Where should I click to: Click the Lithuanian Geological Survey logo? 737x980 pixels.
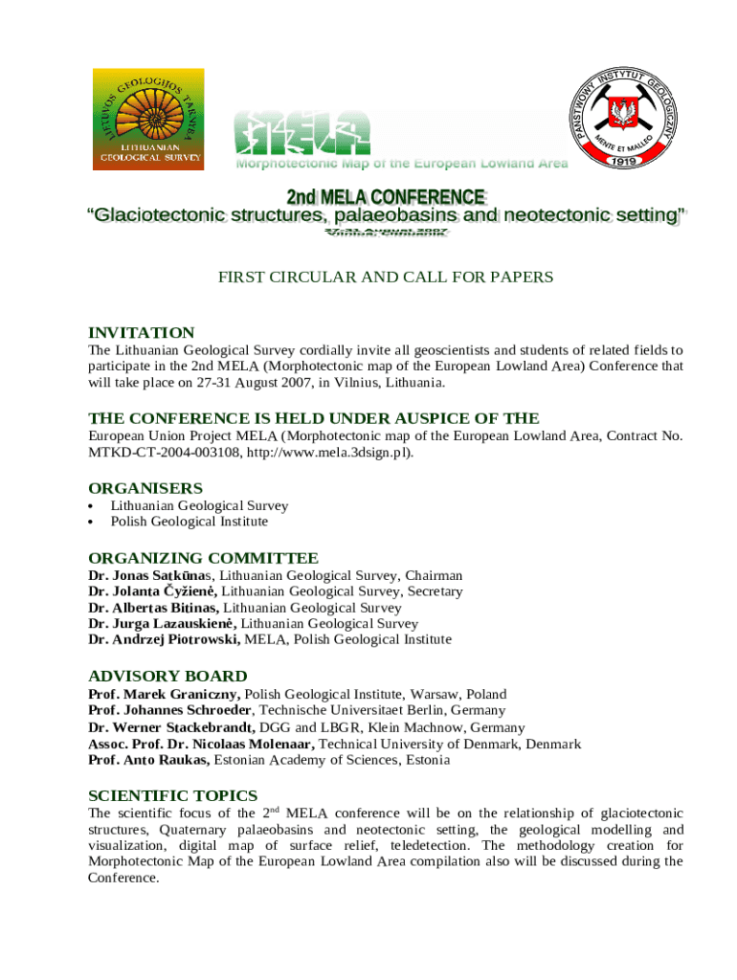(147, 120)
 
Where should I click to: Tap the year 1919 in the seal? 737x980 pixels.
(630, 160)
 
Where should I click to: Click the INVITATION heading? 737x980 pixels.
(141, 332)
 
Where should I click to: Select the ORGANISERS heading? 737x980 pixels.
(145, 487)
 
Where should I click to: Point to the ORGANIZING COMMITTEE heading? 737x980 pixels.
(203, 558)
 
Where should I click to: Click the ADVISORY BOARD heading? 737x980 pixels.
(167, 676)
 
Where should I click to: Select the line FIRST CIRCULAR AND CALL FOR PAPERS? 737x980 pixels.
(386, 278)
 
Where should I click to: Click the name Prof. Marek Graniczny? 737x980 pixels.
(165, 694)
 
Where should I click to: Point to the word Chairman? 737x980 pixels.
(434, 575)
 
